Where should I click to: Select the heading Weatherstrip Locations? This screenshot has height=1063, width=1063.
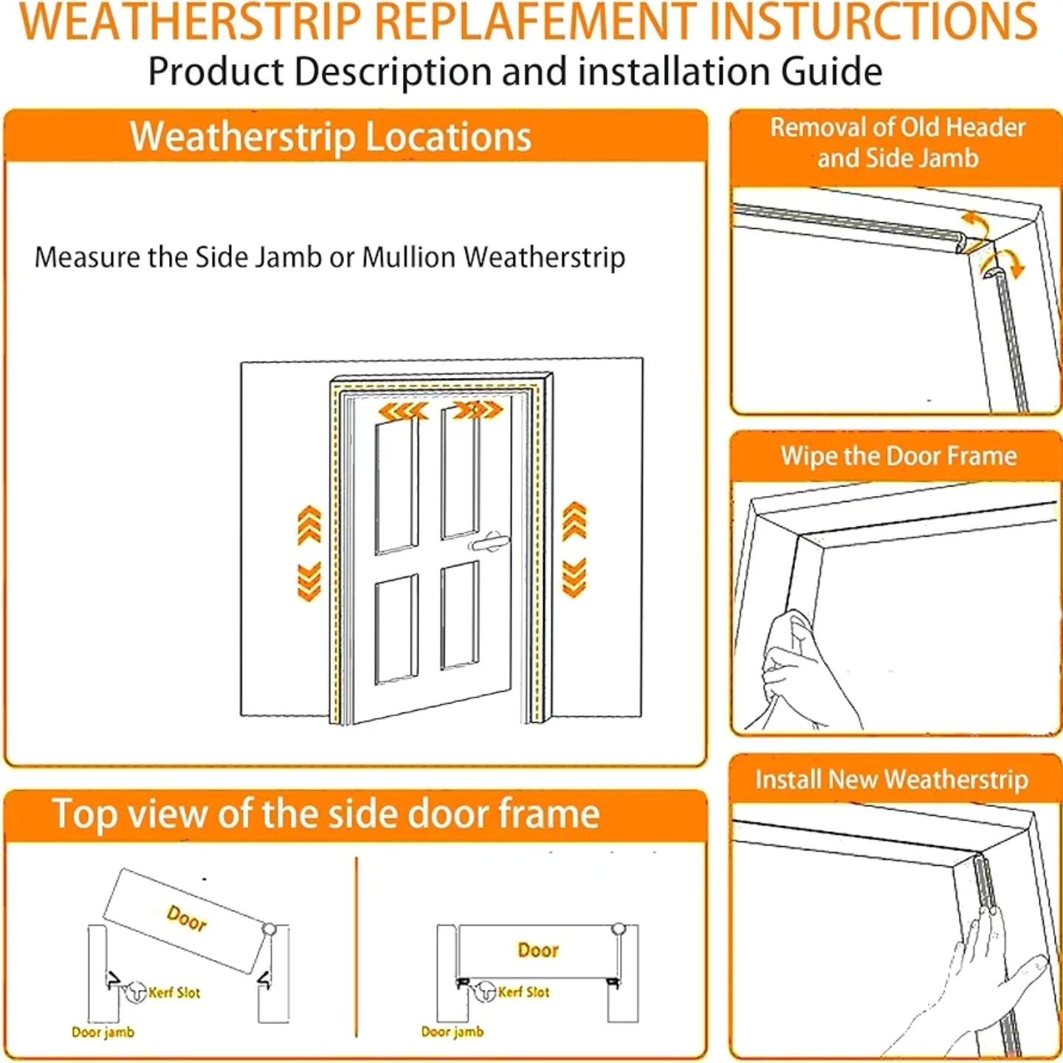[x=331, y=137]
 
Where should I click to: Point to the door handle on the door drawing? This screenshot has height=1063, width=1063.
[x=488, y=542]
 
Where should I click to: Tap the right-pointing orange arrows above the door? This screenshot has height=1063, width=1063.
[x=478, y=410]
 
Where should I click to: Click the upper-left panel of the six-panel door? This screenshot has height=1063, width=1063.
[x=396, y=488]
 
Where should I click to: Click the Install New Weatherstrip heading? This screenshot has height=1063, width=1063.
[x=892, y=780]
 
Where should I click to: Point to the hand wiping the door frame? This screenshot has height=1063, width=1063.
[x=811, y=670]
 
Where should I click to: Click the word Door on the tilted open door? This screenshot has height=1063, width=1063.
[x=187, y=918]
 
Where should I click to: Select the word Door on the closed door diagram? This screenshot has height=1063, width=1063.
[x=538, y=949]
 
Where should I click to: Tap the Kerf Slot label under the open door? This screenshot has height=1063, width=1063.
[x=174, y=993]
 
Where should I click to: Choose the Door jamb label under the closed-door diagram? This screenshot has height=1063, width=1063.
[x=453, y=1031]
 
